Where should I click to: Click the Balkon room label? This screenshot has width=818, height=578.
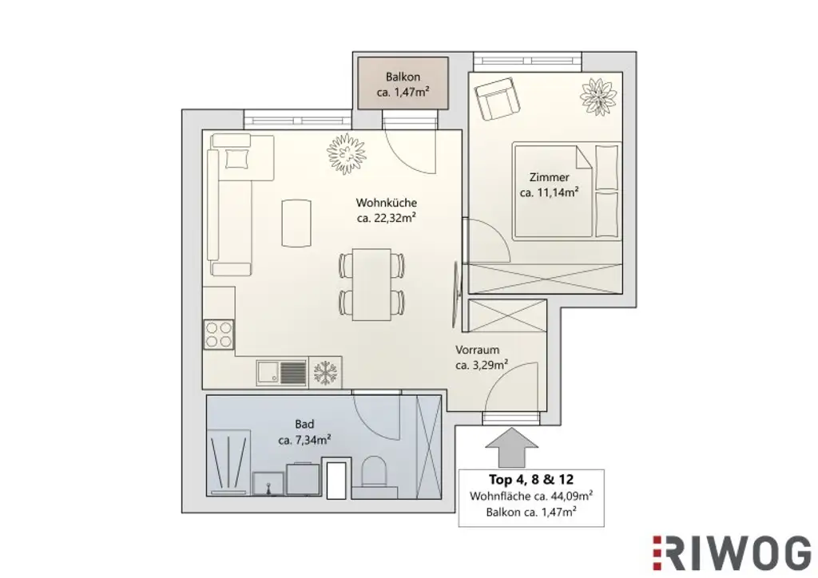coord(403,77)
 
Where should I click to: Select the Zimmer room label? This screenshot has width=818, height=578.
coord(548,177)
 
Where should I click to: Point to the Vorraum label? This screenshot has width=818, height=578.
coord(477,350)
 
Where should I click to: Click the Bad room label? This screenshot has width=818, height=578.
coord(304,425)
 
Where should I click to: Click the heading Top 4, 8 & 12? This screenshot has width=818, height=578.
coord(530,480)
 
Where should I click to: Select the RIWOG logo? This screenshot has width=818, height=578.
coord(732,552)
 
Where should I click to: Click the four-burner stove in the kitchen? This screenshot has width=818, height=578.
coord(218,333)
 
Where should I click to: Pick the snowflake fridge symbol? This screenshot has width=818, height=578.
coord(324,372)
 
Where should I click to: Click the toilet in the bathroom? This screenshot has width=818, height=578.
coord(373,473)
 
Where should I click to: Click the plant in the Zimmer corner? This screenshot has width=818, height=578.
coord(598,97)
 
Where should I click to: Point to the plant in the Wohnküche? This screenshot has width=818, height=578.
coord(346,153)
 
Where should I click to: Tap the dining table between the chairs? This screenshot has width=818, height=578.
coord(371,283)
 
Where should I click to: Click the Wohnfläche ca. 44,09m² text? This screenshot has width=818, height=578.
coord(530,496)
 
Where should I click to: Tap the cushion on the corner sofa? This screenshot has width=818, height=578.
coord(237,159)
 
